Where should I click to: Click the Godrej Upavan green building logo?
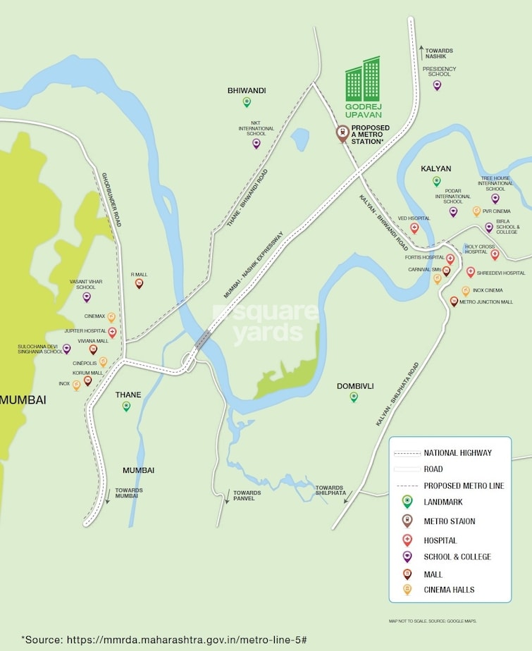click(362, 79)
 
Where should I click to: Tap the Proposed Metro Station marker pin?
click(342, 133)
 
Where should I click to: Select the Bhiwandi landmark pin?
click(247, 102)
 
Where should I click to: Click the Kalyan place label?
click(435, 168)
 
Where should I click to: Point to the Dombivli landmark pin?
click(354, 397)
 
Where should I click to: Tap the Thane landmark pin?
click(127, 406)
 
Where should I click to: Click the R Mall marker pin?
click(139, 283)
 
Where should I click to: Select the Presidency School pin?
click(437, 85)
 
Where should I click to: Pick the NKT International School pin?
click(256, 144)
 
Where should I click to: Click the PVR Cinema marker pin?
click(476, 211)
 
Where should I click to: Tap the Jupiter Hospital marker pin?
click(112, 332)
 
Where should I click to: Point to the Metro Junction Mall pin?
click(454, 302)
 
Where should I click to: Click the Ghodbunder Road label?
click(111, 199)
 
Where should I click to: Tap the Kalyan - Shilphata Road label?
click(398, 394)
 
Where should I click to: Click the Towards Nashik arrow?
click(422, 51)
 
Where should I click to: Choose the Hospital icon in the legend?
click(407, 540)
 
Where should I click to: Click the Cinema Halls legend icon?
click(407, 590)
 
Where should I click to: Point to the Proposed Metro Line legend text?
click(464, 485)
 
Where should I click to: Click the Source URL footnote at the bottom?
click(163, 639)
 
